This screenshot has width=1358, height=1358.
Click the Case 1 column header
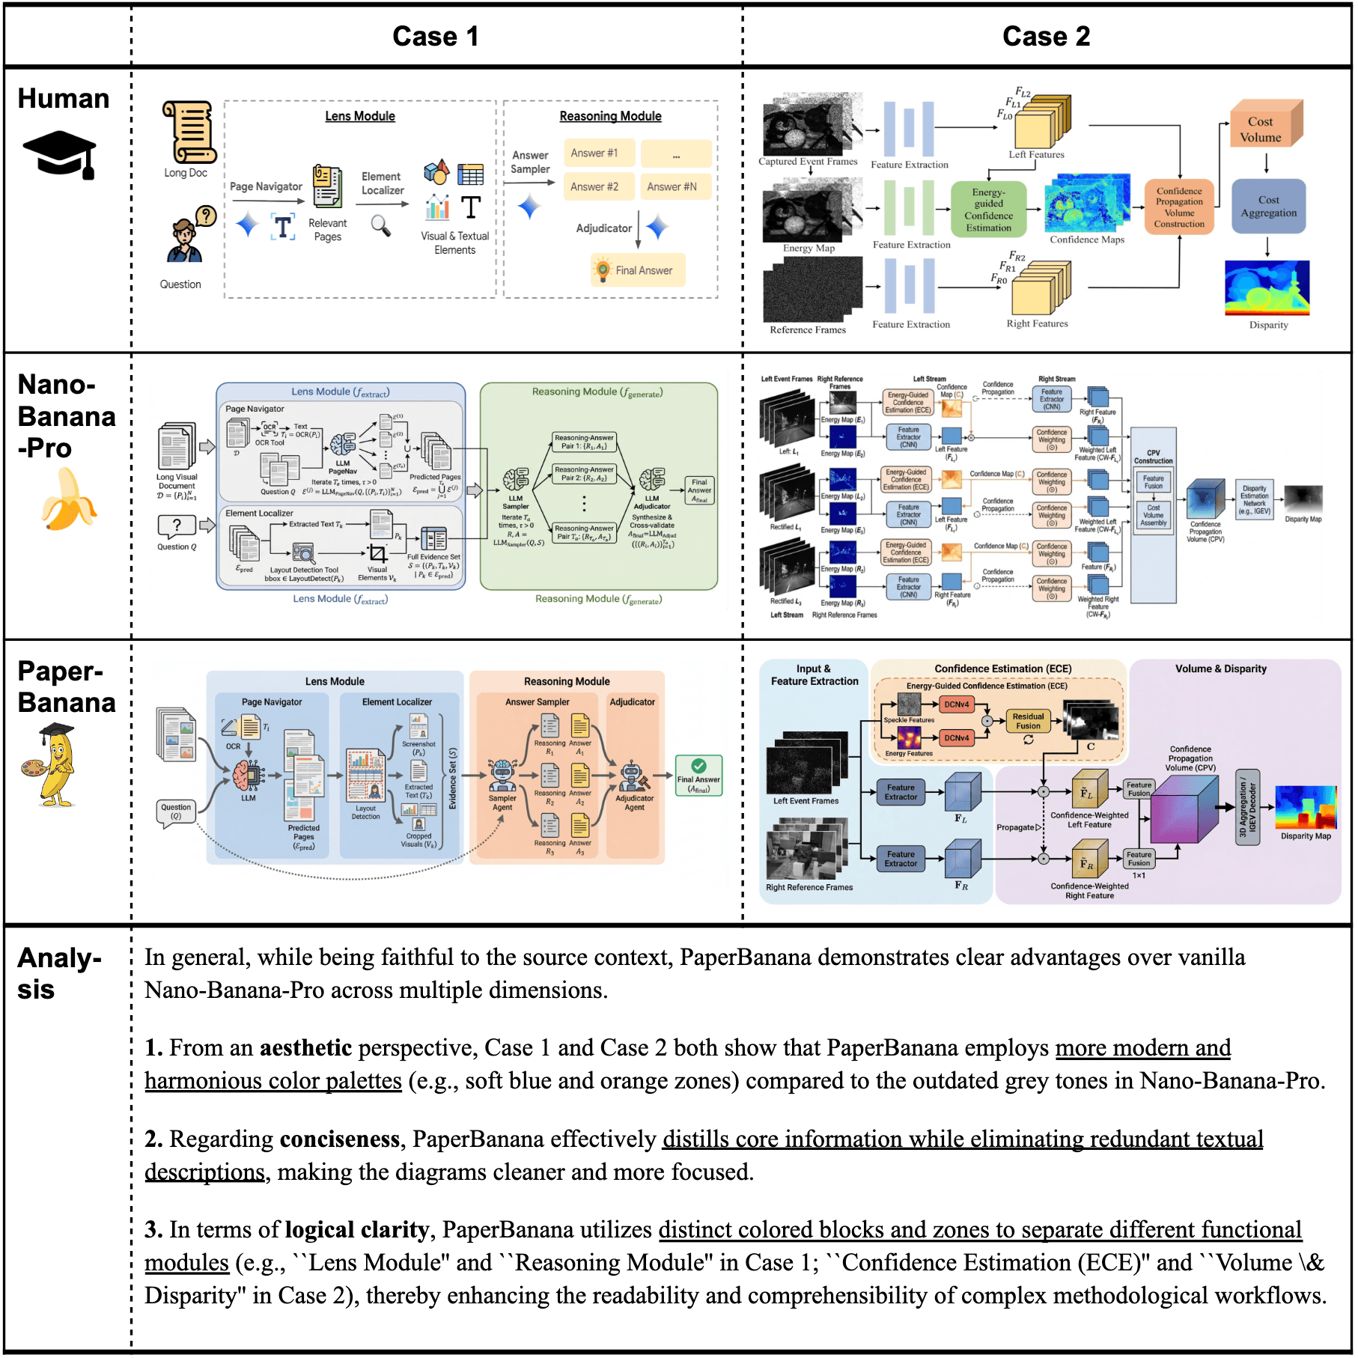[x=435, y=36]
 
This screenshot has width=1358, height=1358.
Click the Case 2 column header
[x=1046, y=36]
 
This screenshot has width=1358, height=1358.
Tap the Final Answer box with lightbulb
[x=637, y=270]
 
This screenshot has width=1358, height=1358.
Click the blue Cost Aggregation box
[x=1268, y=207]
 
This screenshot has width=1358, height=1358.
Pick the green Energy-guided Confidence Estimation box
[x=988, y=210]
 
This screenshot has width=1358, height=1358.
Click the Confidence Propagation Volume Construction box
[x=1179, y=207]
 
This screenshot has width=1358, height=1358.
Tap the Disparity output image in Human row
[x=1267, y=288]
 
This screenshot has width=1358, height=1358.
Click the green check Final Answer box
[x=698, y=775]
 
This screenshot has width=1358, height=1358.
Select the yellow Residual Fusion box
[x=1028, y=721]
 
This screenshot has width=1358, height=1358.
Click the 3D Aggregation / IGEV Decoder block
[x=1247, y=807]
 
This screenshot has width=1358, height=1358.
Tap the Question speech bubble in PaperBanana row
[x=176, y=812]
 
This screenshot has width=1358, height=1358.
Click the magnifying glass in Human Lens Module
[x=381, y=225]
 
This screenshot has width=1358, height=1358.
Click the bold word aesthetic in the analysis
[x=305, y=1048]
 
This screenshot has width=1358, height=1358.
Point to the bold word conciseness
[x=340, y=1139]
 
